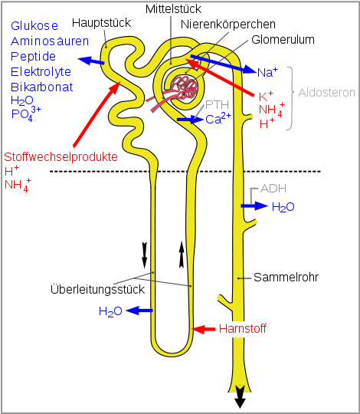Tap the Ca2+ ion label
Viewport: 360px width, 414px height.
click(x=218, y=119)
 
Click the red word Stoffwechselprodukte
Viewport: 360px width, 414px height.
click(x=61, y=156)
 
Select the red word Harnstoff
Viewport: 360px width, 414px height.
click(x=242, y=329)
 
